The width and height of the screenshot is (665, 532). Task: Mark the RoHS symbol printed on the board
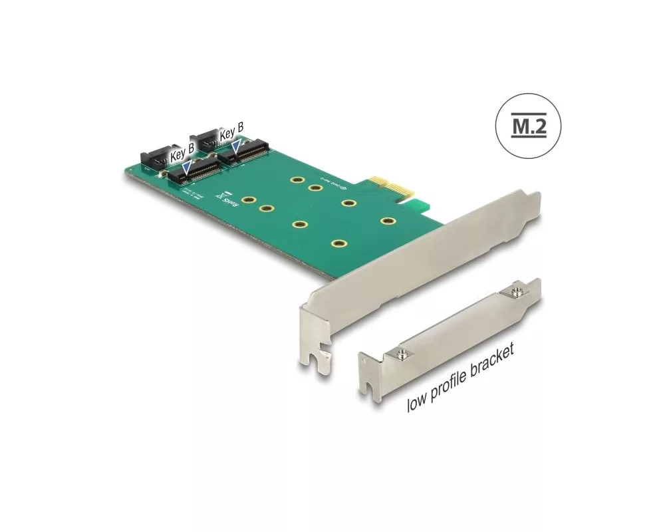pos(225,198)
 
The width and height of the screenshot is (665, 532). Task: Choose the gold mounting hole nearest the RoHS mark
pos(249,199)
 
